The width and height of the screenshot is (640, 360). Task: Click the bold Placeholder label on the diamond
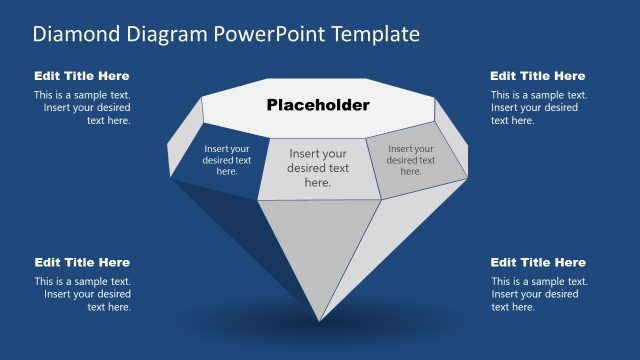318,105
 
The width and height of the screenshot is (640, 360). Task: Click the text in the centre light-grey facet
318,168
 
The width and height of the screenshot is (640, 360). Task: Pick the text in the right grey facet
411,159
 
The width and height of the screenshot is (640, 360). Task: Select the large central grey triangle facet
319,245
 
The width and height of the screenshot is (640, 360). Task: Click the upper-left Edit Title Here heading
82,76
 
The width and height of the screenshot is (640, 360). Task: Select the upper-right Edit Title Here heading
538,76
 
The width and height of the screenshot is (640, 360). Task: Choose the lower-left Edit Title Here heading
82,262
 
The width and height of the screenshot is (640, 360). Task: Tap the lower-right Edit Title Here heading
538,262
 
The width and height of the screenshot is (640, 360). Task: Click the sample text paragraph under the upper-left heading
82,108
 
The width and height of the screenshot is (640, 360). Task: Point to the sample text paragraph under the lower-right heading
535,294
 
